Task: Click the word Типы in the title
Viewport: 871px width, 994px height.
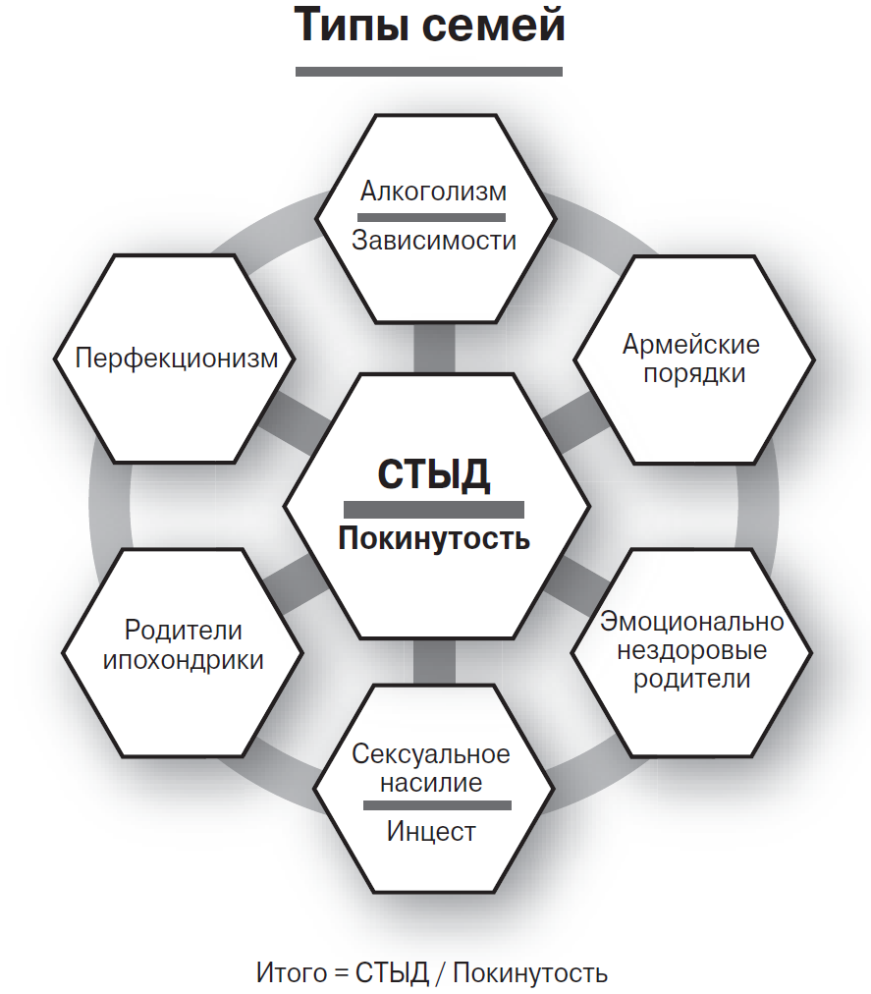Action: (351, 27)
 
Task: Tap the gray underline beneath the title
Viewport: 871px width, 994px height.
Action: (429, 71)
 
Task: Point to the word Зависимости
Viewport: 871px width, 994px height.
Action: (434, 240)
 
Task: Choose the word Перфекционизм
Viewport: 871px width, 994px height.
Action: (177, 358)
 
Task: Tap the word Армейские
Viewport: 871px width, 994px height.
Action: (691, 345)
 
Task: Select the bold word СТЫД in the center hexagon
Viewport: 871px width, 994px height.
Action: (433, 475)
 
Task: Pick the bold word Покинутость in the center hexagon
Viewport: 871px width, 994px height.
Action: (434, 539)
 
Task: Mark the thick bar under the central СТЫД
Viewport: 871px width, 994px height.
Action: (433, 509)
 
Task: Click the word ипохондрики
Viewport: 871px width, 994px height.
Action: (184, 659)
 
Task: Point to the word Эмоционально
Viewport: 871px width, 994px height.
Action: (692, 622)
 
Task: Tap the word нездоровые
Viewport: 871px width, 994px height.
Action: (692, 650)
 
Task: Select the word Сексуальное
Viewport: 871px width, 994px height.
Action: (431, 754)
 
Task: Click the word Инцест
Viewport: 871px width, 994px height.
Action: (431, 832)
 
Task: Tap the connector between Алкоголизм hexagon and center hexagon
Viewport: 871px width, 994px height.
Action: (434, 346)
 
